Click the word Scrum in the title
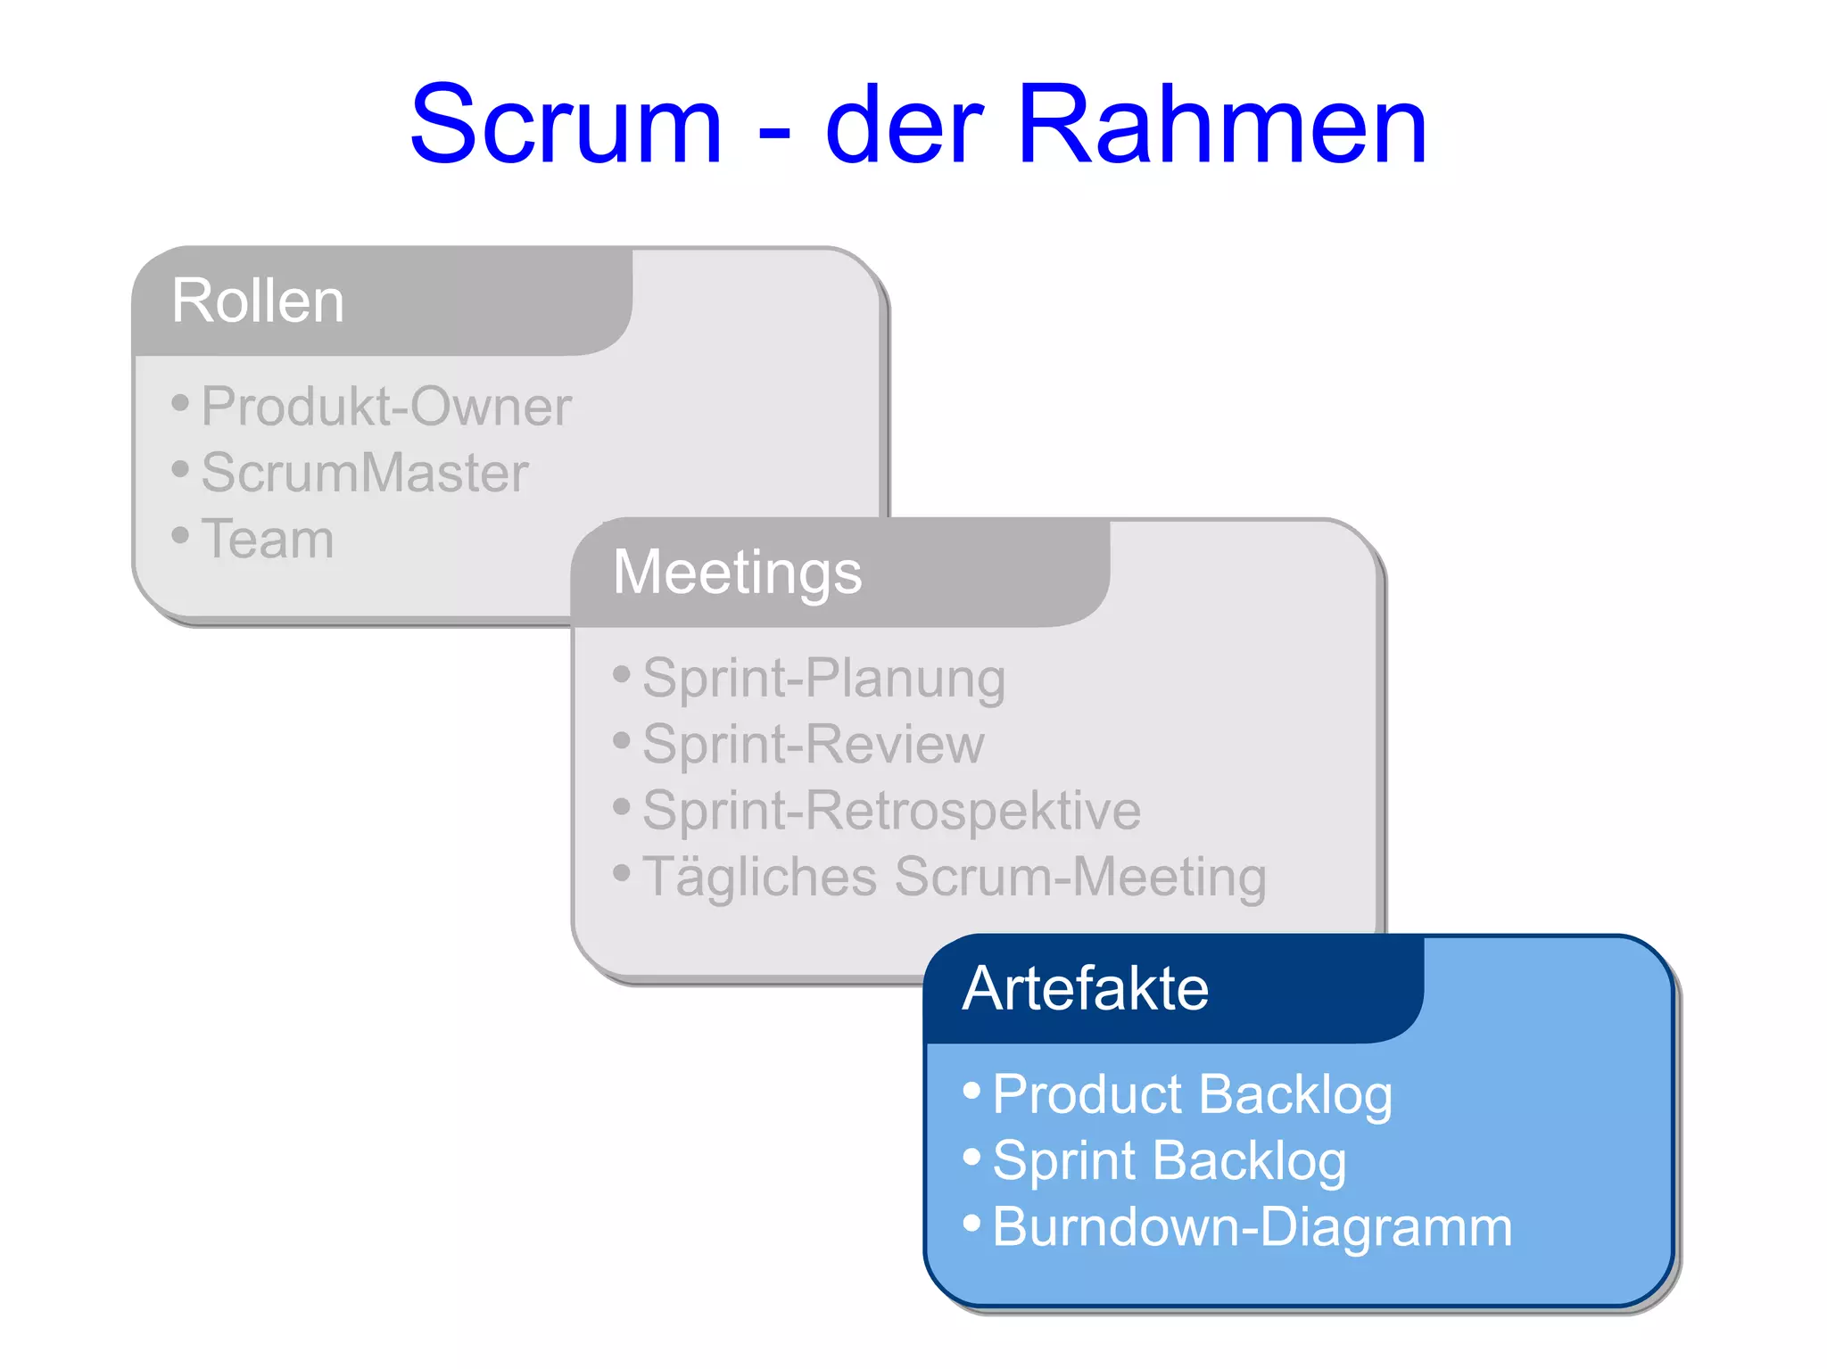click(x=566, y=125)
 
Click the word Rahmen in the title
click(x=1221, y=125)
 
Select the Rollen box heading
click(x=258, y=301)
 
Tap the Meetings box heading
click(x=737, y=572)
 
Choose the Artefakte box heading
click(x=1085, y=988)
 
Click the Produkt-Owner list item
click(x=385, y=407)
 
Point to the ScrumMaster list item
click(x=365, y=473)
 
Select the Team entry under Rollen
click(x=268, y=539)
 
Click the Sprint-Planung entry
click(x=823, y=678)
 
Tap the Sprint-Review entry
click(x=813, y=744)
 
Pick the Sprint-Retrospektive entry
click(x=891, y=810)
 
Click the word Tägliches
click(x=760, y=877)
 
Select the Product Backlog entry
click(x=1192, y=1094)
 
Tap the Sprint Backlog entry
click(x=1169, y=1160)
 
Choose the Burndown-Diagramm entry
click(x=1252, y=1226)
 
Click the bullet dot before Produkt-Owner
click(x=180, y=403)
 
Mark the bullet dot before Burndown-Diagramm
click(x=971, y=1222)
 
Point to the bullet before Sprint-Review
click(x=622, y=739)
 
